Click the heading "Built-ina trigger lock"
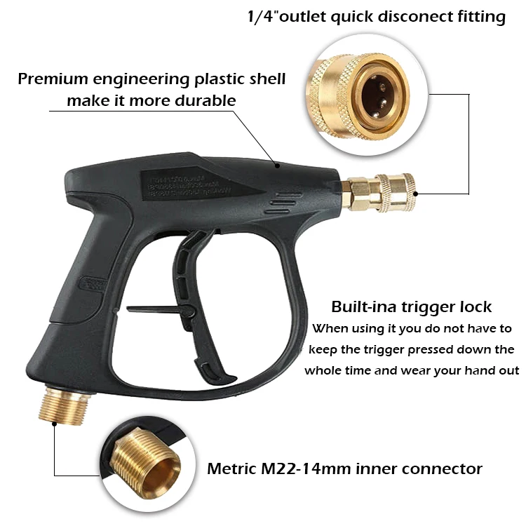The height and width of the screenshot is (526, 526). (411, 306)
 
